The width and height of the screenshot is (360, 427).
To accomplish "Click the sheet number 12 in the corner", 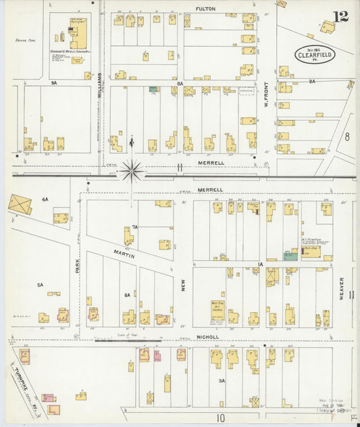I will [x=340, y=16].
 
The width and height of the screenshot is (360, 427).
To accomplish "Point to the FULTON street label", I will [x=205, y=9].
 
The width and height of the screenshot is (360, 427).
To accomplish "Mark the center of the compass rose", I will [x=132, y=172].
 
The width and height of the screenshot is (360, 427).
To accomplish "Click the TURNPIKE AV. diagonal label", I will [x=28, y=382].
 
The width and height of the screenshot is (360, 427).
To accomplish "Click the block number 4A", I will [x=45, y=199].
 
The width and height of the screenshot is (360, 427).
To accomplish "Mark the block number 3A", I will [x=221, y=381].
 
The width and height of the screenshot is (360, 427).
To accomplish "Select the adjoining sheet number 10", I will [x=220, y=418].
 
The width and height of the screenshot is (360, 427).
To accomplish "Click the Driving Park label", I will [x=26, y=41].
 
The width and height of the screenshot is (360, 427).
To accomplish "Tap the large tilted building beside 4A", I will [x=20, y=205].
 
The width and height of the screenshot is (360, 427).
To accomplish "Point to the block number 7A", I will [x=134, y=227].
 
